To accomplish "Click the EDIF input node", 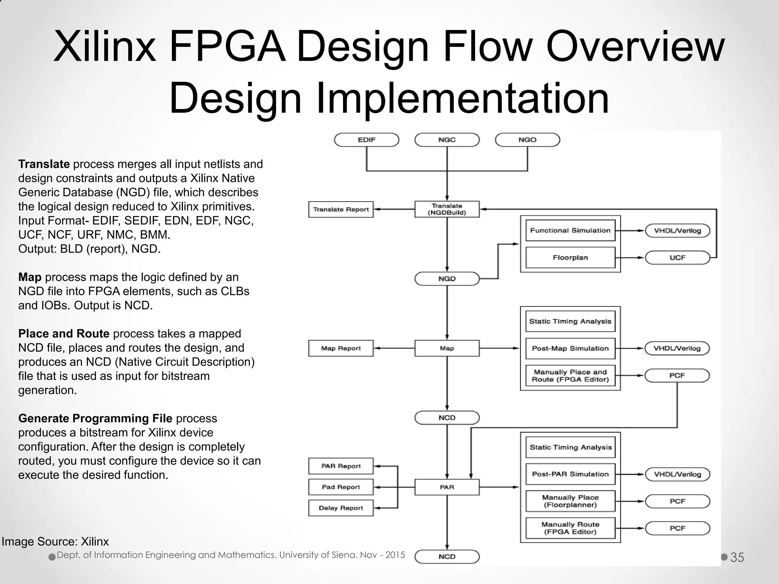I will (x=366, y=140).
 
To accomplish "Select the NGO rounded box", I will (x=527, y=140).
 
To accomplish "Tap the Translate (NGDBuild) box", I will (x=447, y=209).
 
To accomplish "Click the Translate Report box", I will (x=341, y=209).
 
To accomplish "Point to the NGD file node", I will (x=447, y=279).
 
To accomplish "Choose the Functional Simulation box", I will (x=570, y=230).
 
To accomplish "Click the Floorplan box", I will (x=570, y=258).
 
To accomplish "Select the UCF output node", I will (x=677, y=258).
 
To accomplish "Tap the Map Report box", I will (x=341, y=348).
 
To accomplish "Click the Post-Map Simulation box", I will (x=570, y=349).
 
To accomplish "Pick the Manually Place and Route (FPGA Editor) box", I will (x=570, y=376).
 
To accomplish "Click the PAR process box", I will (x=447, y=487).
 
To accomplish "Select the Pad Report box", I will (x=341, y=487).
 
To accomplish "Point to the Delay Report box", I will (x=341, y=508).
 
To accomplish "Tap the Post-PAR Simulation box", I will (x=570, y=474).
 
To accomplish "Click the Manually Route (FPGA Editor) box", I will (x=570, y=528).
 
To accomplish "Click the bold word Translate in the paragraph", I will (x=44, y=164).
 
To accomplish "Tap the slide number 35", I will (x=737, y=557).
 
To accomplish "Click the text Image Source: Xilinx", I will (x=55, y=541).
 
